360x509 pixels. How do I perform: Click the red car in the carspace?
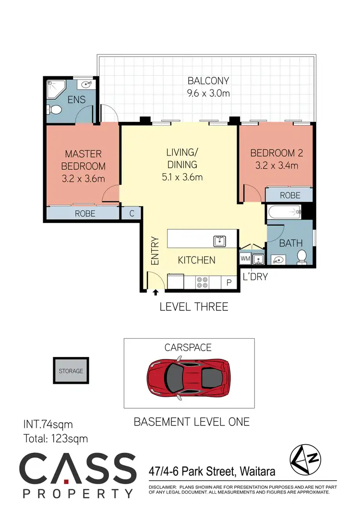[x=189, y=375]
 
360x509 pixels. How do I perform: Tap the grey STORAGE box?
[x=71, y=371]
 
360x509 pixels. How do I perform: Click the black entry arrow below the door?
[x=156, y=291]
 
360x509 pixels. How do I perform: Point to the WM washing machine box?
[x=245, y=259]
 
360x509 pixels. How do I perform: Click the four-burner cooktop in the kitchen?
[x=202, y=283]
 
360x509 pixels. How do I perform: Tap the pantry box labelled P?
[x=229, y=283]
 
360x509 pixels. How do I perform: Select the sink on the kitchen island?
[x=220, y=240]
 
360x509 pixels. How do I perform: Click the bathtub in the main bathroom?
[x=283, y=211]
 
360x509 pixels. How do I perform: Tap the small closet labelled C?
[x=132, y=213]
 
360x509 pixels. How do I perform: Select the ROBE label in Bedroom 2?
[x=290, y=195]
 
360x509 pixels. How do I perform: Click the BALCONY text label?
[x=208, y=81]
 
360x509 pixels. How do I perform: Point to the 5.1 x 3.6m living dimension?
[x=181, y=177]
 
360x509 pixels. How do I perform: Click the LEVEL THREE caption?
[x=194, y=307]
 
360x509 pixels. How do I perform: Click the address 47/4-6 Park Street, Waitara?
[x=212, y=472]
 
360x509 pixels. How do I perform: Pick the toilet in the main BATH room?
[x=302, y=257]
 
